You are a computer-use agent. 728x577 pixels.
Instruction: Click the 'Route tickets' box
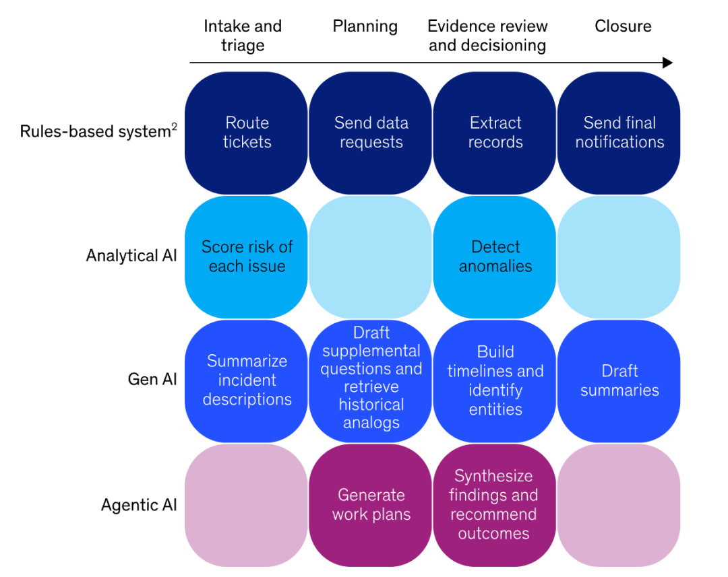[x=247, y=133]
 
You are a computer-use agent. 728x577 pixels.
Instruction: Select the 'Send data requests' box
[x=371, y=133]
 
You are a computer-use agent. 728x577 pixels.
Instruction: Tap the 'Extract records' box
[x=495, y=133]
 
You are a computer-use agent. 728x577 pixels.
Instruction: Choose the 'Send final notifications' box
[x=619, y=133]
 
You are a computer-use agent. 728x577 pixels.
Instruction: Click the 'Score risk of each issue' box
[x=247, y=257]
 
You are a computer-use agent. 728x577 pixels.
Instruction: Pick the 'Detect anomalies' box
[x=495, y=257]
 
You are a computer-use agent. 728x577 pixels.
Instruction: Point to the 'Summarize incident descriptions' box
[x=247, y=380]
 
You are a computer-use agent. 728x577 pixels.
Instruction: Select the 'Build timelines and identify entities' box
[x=495, y=380]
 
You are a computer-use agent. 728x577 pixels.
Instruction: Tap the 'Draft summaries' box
[x=619, y=380]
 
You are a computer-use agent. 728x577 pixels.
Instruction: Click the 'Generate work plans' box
[x=371, y=505]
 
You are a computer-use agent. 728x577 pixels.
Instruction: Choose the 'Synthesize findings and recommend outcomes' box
[x=495, y=505]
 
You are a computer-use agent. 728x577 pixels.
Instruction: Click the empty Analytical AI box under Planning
[x=371, y=257]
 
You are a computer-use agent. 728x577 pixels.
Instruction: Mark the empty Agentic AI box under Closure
[x=619, y=505]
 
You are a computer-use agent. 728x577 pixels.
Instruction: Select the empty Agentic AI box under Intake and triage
[x=247, y=505]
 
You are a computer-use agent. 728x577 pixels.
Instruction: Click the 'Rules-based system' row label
[x=94, y=131]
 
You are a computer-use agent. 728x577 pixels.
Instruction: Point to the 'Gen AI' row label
[x=152, y=380]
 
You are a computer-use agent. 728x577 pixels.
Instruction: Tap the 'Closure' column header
[x=623, y=26]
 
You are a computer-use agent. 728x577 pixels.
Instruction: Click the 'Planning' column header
[x=365, y=26]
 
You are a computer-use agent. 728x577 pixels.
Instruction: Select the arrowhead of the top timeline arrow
[x=668, y=63]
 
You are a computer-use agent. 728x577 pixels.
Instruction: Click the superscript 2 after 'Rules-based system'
[x=174, y=127]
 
